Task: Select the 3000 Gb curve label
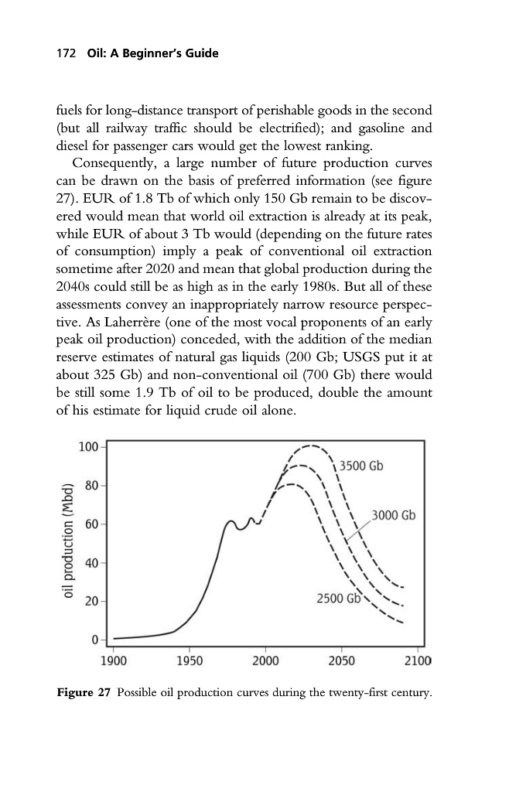(x=394, y=515)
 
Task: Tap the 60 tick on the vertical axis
(x=91, y=525)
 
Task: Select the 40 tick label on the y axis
(x=91, y=563)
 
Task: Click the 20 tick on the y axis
(x=91, y=602)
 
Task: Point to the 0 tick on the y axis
(x=94, y=640)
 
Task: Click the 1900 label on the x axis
(x=114, y=660)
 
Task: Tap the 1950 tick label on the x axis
(x=190, y=660)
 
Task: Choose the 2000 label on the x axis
(x=265, y=660)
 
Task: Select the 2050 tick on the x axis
(x=341, y=660)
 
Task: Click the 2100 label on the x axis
(x=416, y=660)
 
